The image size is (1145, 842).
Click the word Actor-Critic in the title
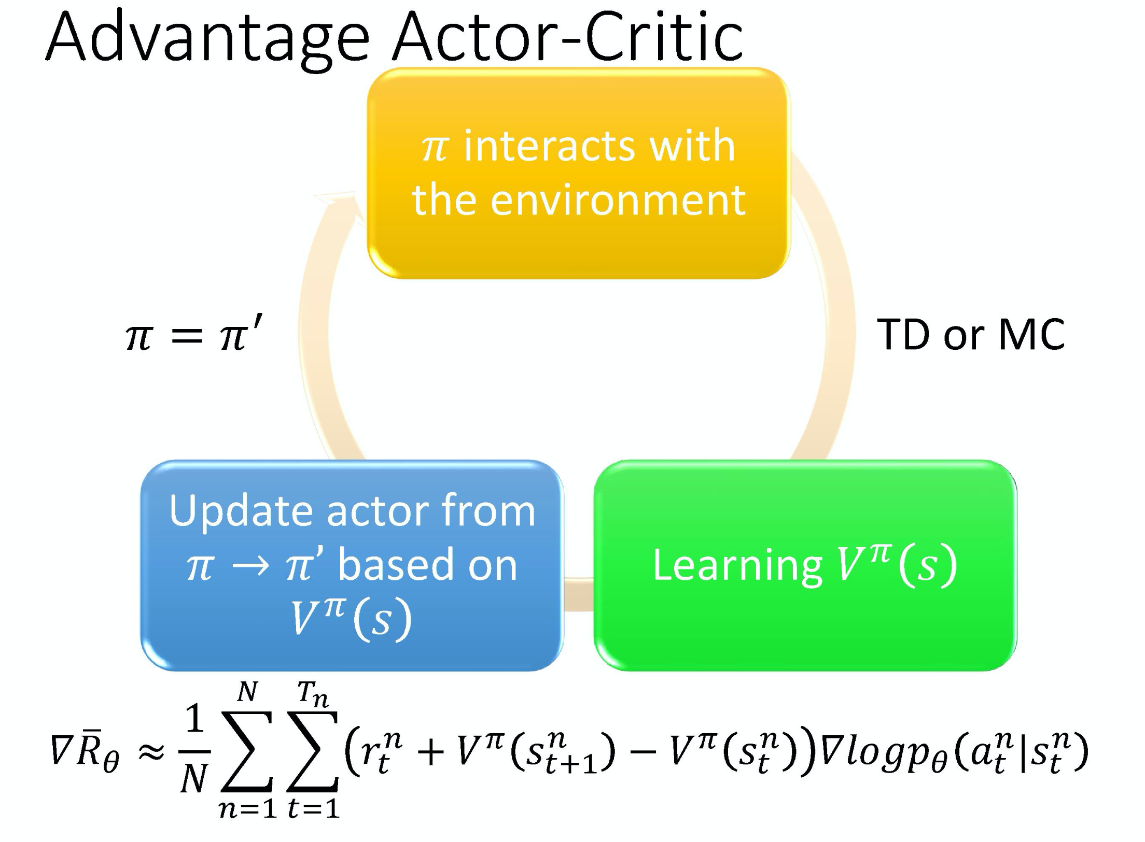click(x=568, y=37)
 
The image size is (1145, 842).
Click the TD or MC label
click(x=970, y=335)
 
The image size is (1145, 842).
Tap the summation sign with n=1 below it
click(x=247, y=752)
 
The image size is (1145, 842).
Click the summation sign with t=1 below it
click(x=313, y=752)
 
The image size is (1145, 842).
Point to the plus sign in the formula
click(x=430, y=753)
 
